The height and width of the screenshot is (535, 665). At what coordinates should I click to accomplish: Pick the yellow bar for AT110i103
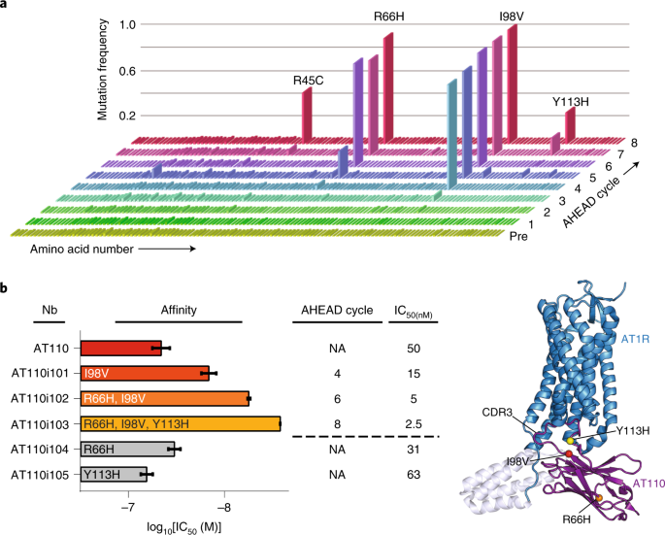180,423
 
